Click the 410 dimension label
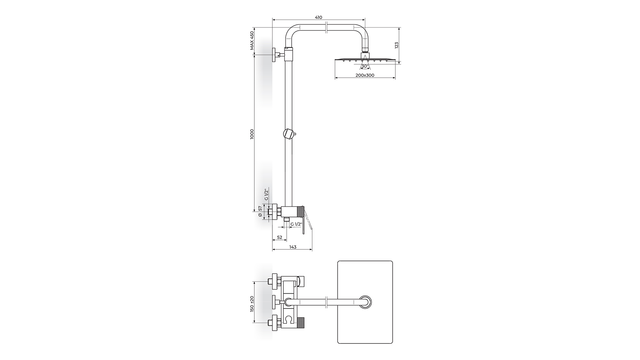pos(318,17)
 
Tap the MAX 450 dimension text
pos(252,41)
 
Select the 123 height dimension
pos(396,45)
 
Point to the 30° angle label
pos(365,66)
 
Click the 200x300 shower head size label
pos(365,75)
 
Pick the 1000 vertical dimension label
pos(252,134)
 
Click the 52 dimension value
pos(280,237)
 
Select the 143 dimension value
pos(293,247)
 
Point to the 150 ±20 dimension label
pos(252,304)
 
